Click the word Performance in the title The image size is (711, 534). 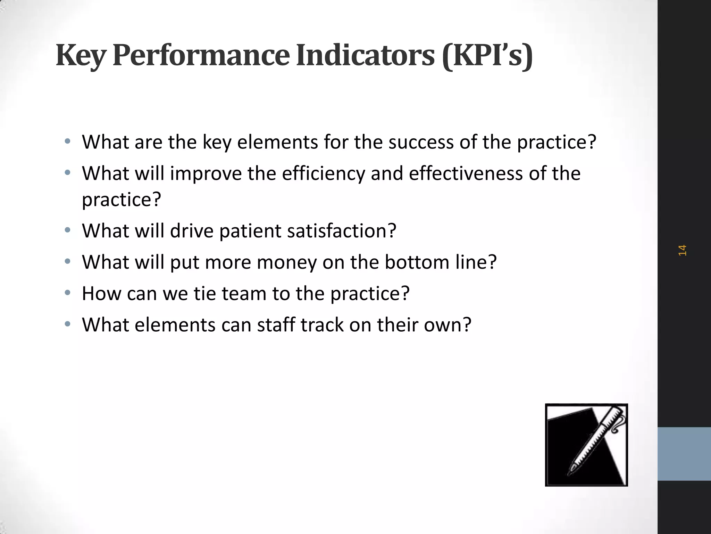(x=201, y=56)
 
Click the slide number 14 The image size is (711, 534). (x=682, y=250)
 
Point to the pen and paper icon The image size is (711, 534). (x=586, y=445)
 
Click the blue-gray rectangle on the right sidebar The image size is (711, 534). (x=684, y=454)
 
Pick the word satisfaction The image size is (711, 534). (x=342, y=231)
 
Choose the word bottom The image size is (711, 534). (x=417, y=262)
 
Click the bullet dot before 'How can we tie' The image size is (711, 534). (x=68, y=293)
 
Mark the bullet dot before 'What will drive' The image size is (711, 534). (x=68, y=230)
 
